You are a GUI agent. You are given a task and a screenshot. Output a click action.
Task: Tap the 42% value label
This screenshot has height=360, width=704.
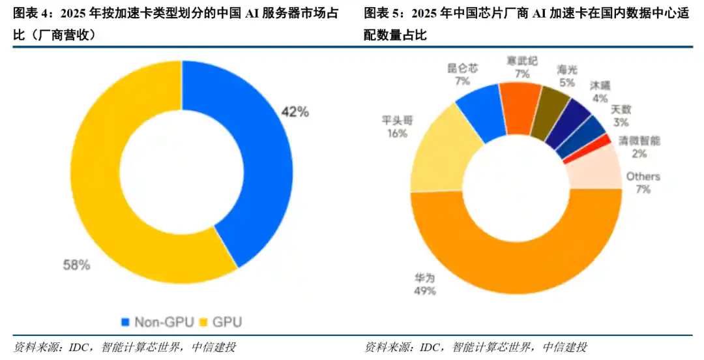click(x=295, y=112)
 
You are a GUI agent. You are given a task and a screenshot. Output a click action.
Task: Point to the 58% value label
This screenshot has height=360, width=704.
click(x=76, y=265)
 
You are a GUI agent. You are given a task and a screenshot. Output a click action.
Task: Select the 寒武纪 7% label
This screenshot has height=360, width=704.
click(x=522, y=67)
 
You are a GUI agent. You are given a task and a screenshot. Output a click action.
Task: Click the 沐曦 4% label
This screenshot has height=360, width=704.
click(x=600, y=91)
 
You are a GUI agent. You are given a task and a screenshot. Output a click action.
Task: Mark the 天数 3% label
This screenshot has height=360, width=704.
click(x=621, y=115)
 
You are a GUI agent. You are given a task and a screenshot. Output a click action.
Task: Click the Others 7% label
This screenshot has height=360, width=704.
click(x=643, y=183)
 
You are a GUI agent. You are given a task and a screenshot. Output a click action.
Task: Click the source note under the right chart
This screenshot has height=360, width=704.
click(x=476, y=346)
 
